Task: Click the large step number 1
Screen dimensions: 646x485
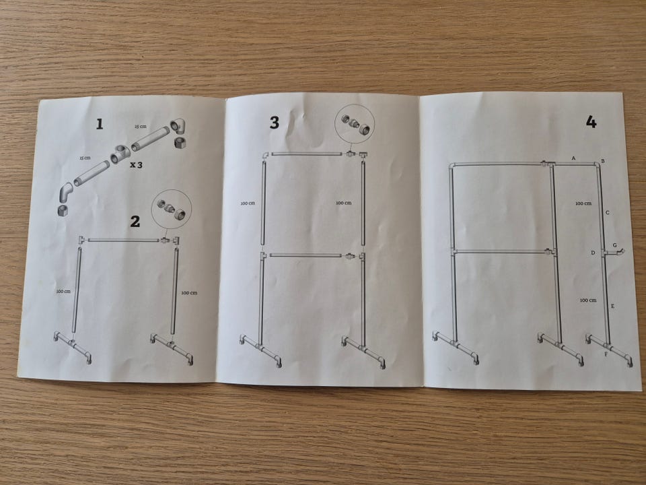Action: point(100,124)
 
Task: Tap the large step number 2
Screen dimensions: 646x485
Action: point(135,222)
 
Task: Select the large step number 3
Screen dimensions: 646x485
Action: point(275,123)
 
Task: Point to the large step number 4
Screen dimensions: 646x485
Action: point(591,122)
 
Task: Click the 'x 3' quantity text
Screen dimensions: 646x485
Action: point(137,165)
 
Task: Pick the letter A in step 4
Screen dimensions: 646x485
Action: point(573,158)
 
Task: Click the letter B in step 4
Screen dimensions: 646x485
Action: point(603,161)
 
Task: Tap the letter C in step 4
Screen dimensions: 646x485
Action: point(607,213)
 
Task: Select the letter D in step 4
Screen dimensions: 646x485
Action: point(594,253)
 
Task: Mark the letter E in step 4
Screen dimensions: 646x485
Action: point(612,306)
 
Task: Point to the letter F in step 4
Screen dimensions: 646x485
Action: point(606,354)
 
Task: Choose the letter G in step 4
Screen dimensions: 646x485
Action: point(615,246)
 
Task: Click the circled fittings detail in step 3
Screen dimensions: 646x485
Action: point(355,123)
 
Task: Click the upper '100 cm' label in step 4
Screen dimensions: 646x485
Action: point(583,203)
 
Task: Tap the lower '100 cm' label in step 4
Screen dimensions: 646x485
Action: point(588,300)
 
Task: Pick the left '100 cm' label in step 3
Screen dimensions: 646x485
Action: point(248,203)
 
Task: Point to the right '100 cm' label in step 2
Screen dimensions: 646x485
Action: point(189,293)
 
